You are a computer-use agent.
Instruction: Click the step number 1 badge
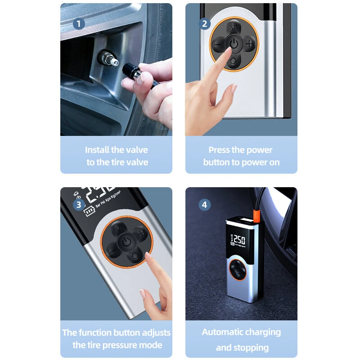[x=79, y=24]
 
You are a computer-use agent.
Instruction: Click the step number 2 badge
[x=204, y=24]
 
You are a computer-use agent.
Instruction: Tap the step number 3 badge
[x=79, y=204]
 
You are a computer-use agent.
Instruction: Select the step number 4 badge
[x=204, y=205]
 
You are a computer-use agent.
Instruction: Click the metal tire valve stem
[x=108, y=58]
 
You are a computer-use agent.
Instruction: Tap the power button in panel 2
[x=234, y=44]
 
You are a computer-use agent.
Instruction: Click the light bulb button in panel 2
[x=234, y=27]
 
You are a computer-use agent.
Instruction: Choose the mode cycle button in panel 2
[x=233, y=61]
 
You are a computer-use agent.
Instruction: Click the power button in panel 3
[x=126, y=242]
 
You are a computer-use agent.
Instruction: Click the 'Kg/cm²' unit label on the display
[x=116, y=195]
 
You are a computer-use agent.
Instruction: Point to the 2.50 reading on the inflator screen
[x=239, y=240]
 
